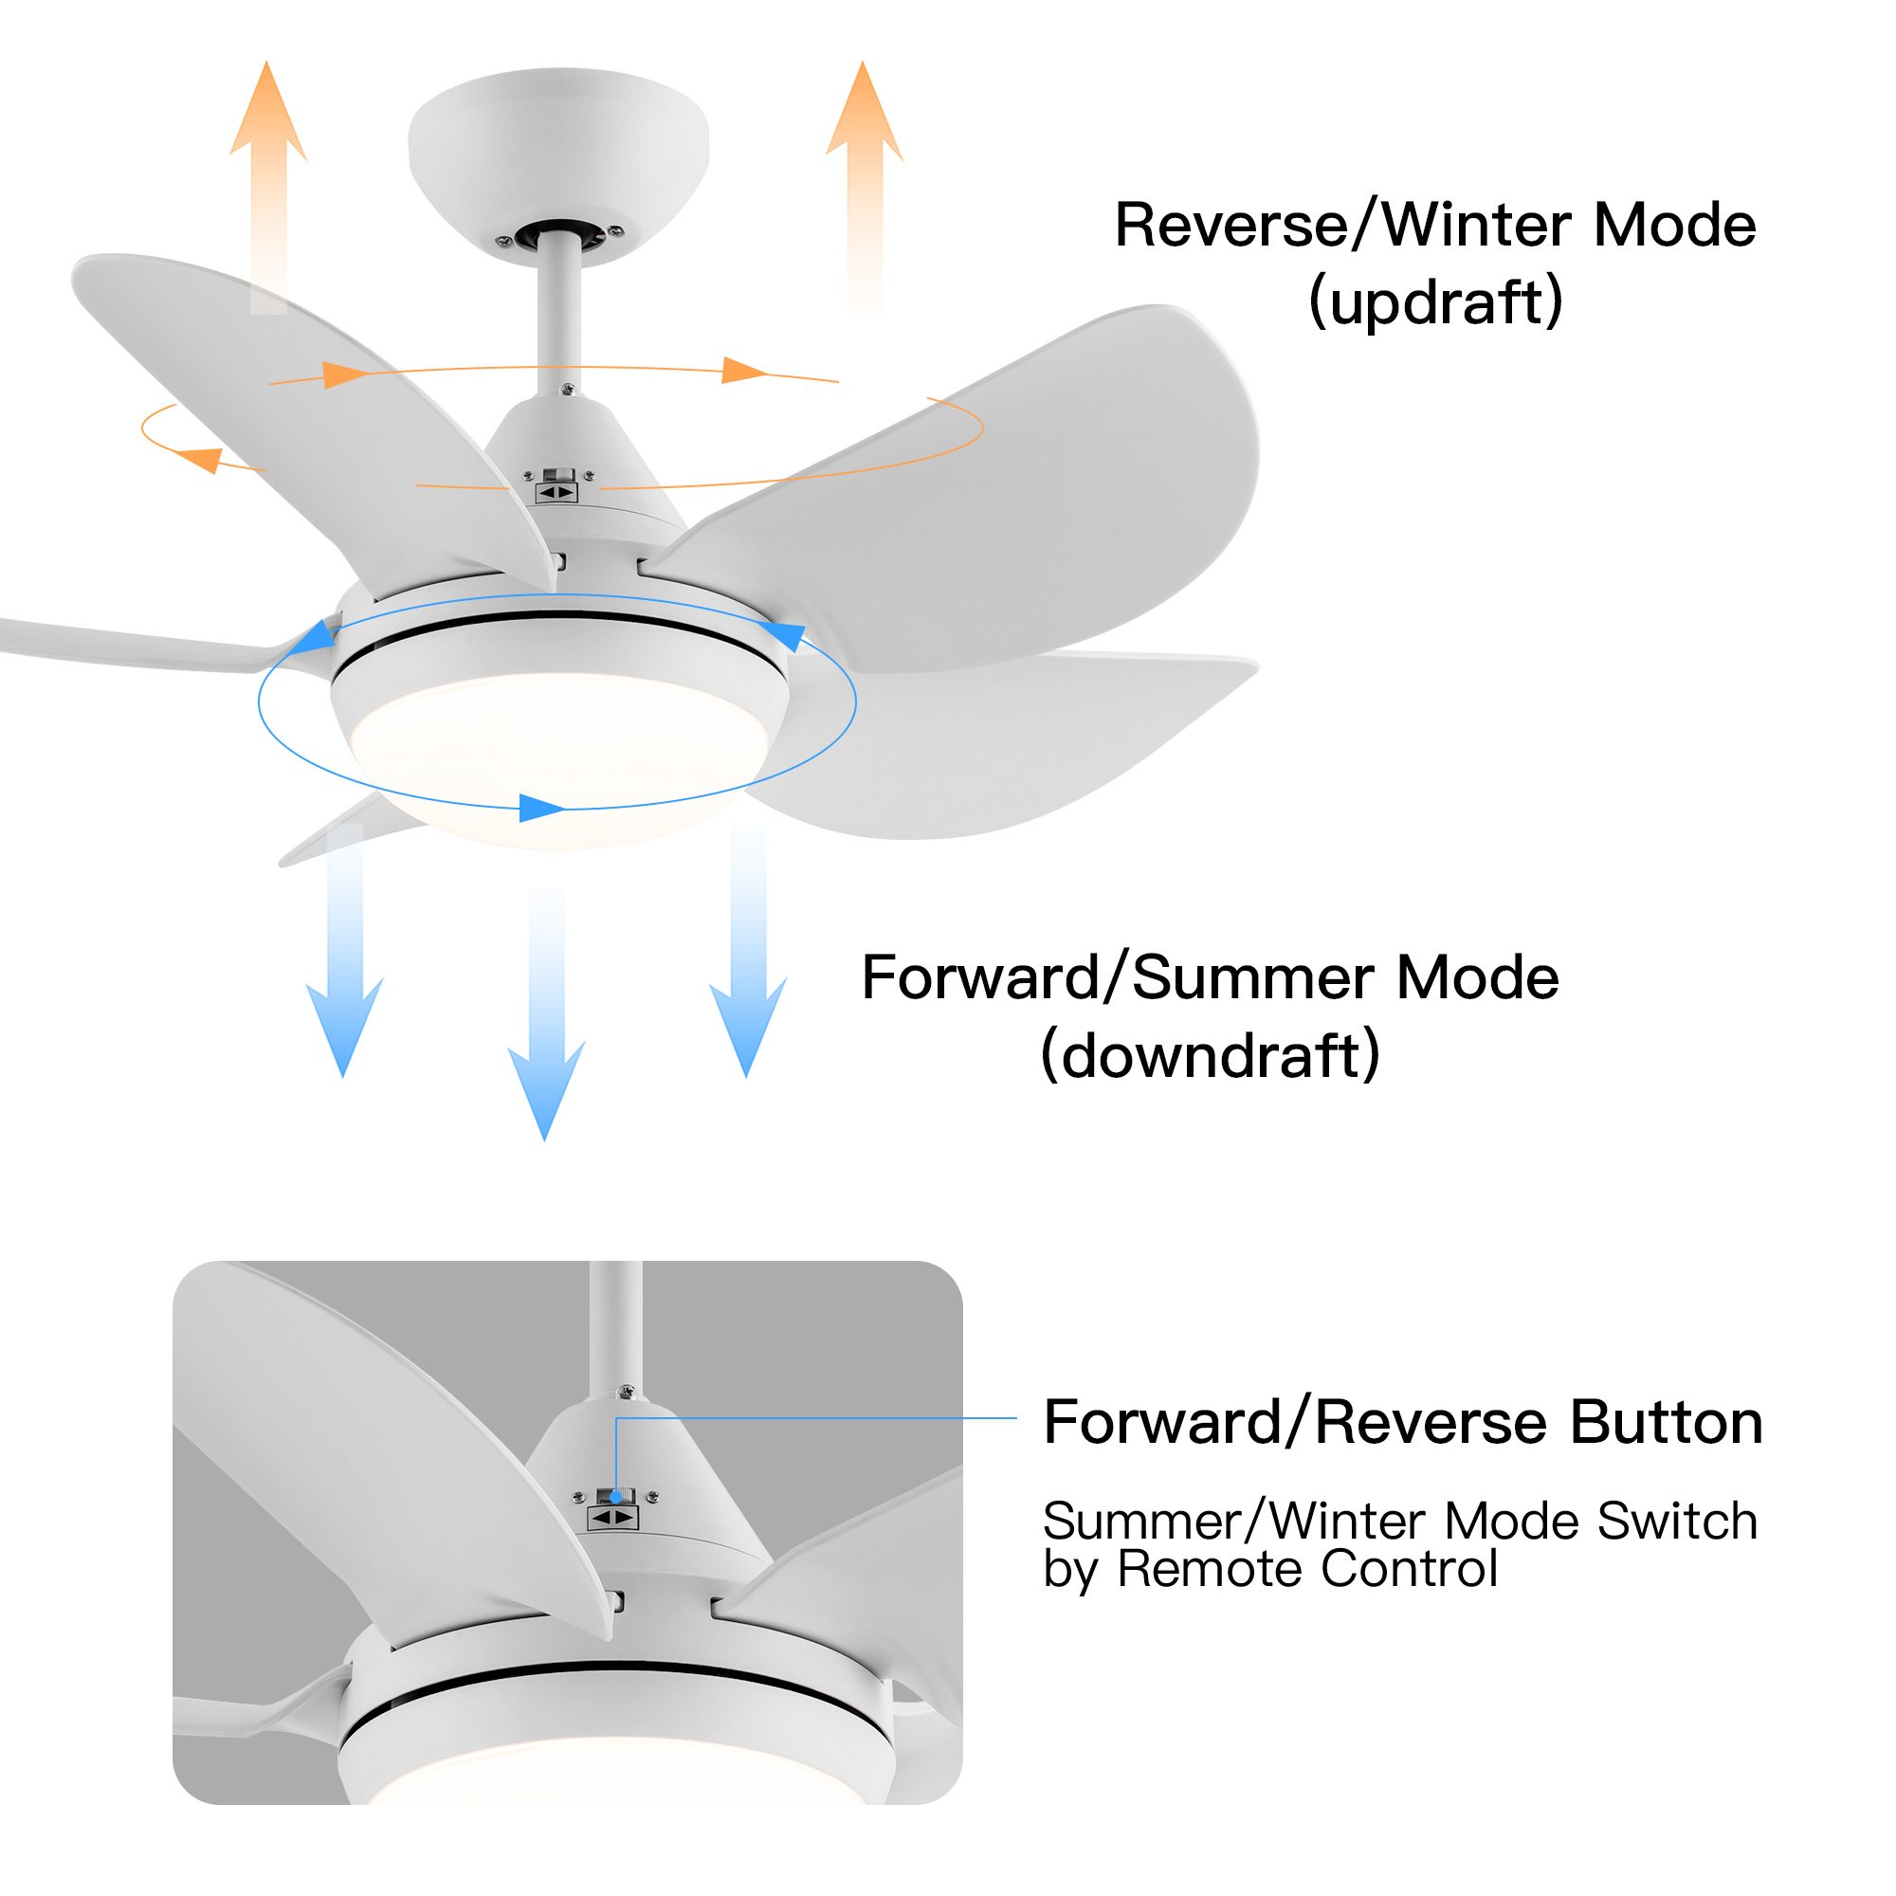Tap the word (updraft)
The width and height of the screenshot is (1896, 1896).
pyautogui.click(x=1434, y=302)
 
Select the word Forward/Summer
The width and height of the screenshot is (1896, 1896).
pyautogui.click(x=1118, y=978)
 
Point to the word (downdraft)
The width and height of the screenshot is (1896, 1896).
pyautogui.click(x=1210, y=1056)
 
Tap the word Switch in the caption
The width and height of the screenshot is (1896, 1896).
pyautogui.click(x=1677, y=1522)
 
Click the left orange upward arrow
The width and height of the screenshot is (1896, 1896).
pyautogui.click(x=268, y=187)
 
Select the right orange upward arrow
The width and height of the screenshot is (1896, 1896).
pyautogui.click(x=864, y=187)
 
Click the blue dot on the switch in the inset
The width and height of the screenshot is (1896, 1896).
pyautogui.click(x=615, y=1497)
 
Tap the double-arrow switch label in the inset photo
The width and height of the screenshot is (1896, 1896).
pyautogui.click(x=613, y=1518)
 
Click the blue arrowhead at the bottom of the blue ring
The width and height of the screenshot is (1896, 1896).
pyautogui.click(x=539, y=808)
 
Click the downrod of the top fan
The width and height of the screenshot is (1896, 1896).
pyautogui.click(x=558, y=314)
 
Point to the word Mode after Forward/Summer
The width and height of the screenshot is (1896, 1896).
pyautogui.click(x=1477, y=978)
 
